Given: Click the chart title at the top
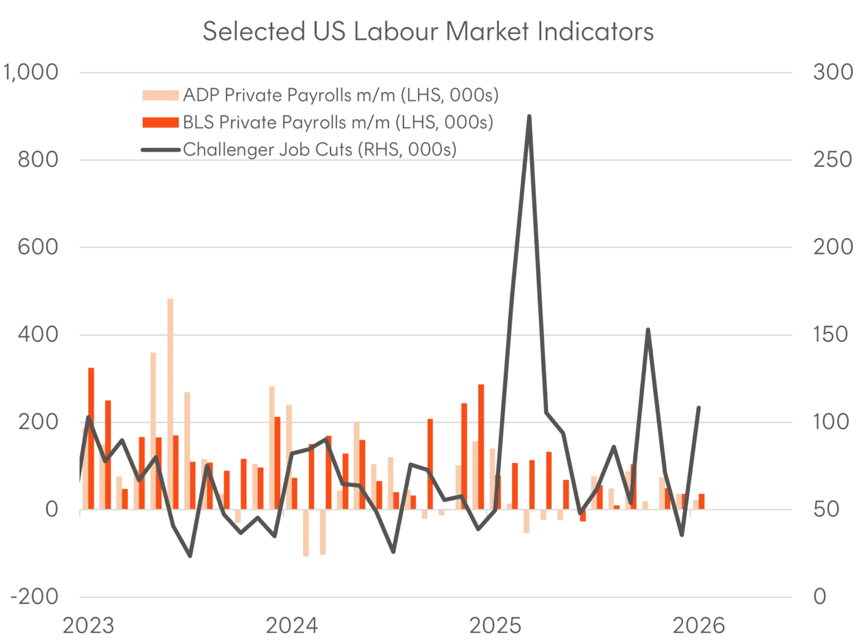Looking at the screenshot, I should click(x=428, y=34).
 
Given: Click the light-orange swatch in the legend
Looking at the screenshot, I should click(x=161, y=95).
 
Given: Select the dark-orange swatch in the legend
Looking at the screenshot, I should click(x=161, y=123).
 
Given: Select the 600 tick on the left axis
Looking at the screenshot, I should click(x=36, y=248).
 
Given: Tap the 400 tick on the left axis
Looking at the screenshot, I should click(x=36, y=335).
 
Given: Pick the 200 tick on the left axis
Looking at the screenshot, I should click(x=36, y=422).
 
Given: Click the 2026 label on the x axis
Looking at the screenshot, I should click(x=698, y=626).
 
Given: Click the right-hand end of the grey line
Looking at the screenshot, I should click(x=702, y=403).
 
